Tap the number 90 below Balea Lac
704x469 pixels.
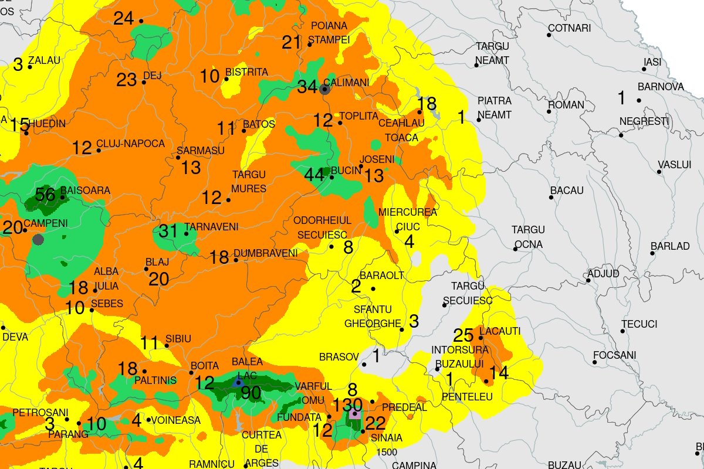click(x=251, y=393)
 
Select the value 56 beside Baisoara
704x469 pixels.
click(x=45, y=195)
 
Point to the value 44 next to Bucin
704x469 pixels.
click(x=314, y=175)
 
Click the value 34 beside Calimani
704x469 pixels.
click(x=307, y=87)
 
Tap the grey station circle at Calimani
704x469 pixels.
click(x=324, y=89)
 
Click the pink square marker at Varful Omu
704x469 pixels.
click(x=354, y=414)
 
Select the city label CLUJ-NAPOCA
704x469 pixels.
click(x=130, y=144)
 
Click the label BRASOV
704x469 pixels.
click(x=339, y=356)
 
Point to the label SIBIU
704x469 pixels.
click(x=178, y=339)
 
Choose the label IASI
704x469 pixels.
click(x=652, y=62)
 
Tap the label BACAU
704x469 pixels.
click(x=567, y=191)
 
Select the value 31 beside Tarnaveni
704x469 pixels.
click(x=168, y=232)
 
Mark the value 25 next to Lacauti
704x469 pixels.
click(x=463, y=336)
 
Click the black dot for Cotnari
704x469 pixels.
click(x=549, y=35)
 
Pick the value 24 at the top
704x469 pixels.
click(x=124, y=19)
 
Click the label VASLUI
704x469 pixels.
click(x=674, y=165)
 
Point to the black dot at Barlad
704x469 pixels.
click(x=652, y=253)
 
